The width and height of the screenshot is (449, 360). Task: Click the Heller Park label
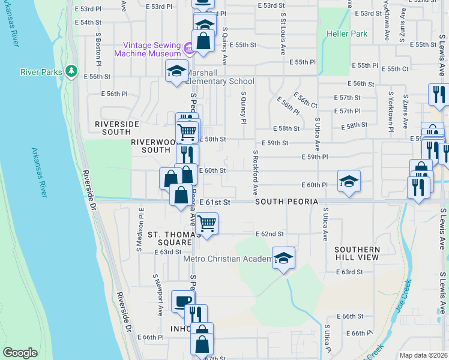(347, 34)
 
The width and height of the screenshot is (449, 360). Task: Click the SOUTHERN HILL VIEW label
(357, 253)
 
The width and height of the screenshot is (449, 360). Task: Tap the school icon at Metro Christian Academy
(284, 257)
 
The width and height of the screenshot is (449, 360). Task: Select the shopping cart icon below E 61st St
(206, 223)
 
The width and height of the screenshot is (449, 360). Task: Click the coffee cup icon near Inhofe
(182, 301)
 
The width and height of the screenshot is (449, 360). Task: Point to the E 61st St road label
(215, 203)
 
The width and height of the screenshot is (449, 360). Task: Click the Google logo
(20, 353)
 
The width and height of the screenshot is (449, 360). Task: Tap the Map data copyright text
(423, 355)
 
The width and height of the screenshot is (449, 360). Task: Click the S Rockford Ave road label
(255, 173)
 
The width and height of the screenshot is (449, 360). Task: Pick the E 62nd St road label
(269, 233)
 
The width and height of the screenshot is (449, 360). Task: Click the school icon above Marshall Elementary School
(176, 71)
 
